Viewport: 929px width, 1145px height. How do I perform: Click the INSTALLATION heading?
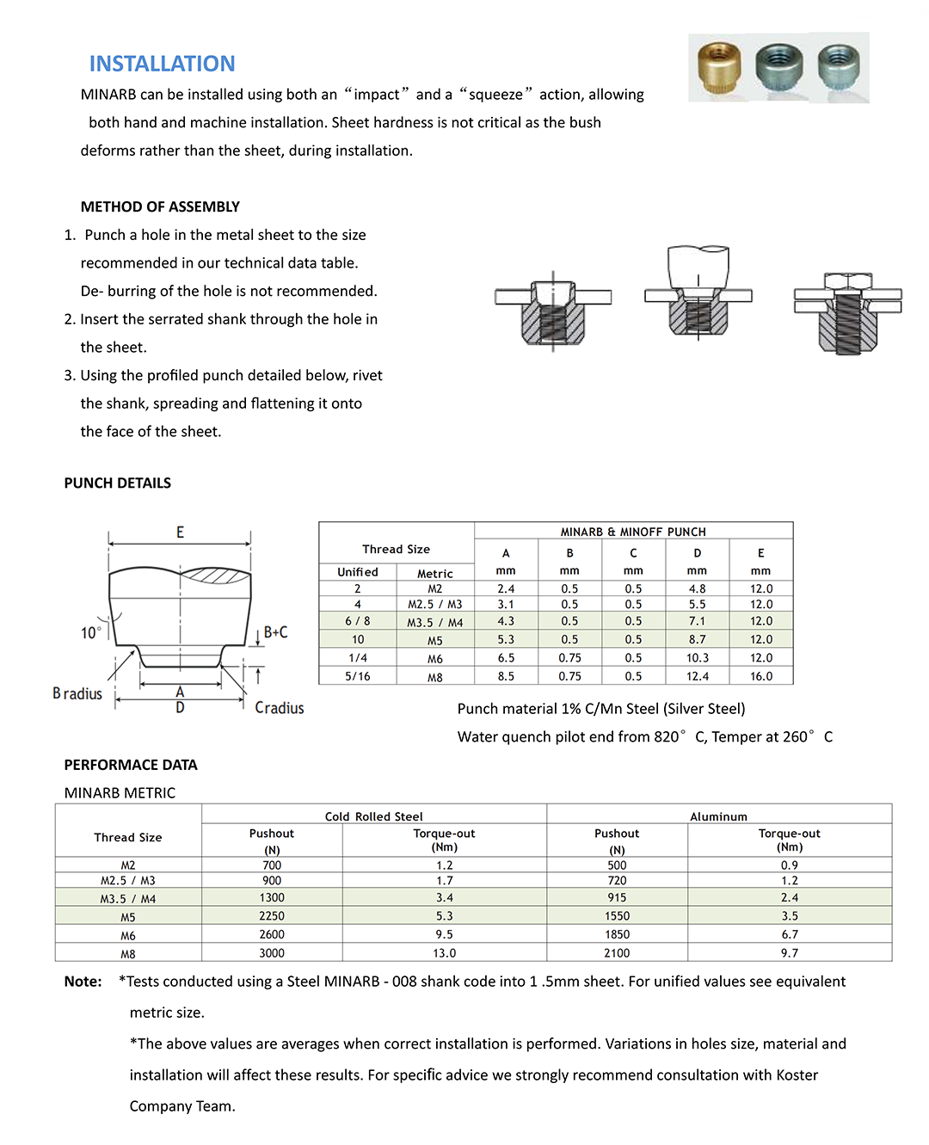tap(162, 64)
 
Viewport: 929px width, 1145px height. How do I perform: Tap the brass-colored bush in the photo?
tap(720, 66)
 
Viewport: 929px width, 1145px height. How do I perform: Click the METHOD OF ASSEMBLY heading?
tap(160, 206)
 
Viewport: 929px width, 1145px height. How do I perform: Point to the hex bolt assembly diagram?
tap(847, 311)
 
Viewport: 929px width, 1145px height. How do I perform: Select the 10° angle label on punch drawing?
tap(90, 633)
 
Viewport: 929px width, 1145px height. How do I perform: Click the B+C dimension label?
tap(275, 632)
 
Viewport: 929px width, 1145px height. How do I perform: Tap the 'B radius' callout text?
tap(77, 694)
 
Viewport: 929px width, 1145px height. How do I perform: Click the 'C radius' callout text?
tap(280, 708)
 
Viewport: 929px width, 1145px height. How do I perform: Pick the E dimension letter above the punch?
tap(180, 532)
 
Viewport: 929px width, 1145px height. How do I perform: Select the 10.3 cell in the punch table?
tap(697, 658)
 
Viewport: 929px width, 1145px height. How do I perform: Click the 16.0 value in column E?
tap(760, 677)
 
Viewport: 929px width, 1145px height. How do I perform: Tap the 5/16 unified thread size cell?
tap(358, 677)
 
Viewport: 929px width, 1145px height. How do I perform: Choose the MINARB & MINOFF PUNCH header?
tap(633, 532)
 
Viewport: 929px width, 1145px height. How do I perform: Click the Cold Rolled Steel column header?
tap(374, 816)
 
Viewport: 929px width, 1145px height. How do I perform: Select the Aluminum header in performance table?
tap(718, 816)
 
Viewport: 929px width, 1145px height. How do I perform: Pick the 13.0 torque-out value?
tap(444, 953)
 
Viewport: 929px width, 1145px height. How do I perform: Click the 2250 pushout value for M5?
tap(272, 916)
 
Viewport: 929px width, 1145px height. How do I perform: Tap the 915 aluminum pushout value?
tap(617, 897)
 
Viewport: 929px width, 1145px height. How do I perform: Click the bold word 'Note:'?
tap(83, 982)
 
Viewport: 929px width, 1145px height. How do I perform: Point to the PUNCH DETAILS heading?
tap(118, 483)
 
